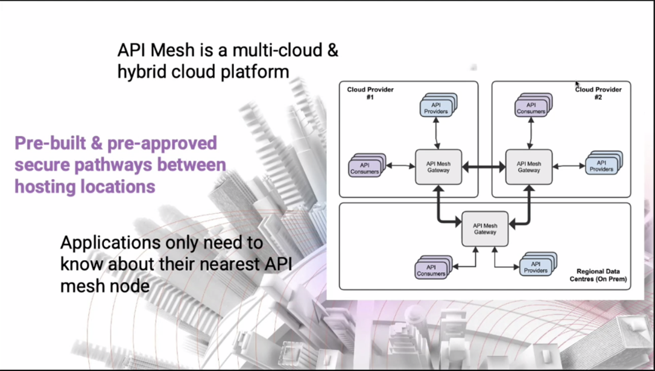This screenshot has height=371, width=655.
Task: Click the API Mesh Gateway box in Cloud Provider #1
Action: (x=438, y=166)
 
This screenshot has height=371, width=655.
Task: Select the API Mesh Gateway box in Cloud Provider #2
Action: (x=529, y=166)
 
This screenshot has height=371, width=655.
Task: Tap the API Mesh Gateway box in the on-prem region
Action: (x=485, y=229)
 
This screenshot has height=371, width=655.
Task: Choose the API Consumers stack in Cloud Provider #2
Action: (x=533, y=105)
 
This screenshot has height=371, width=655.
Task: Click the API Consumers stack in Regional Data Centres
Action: (x=434, y=267)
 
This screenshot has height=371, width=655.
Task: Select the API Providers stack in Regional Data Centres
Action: (x=538, y=264)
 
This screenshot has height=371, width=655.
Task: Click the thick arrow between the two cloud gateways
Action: (x=484, y=167)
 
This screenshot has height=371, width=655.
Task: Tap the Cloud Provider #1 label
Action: (x=370, y=93)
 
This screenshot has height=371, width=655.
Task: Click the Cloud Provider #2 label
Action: (x=598, y=93)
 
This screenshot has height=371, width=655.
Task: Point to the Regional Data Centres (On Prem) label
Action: (x=598, y=275)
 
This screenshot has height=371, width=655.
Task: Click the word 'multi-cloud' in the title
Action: (x=277, y=50)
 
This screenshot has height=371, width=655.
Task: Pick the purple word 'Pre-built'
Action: (x=51, y=144)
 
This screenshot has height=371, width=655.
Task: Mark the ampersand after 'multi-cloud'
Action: (x=332, y=50)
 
